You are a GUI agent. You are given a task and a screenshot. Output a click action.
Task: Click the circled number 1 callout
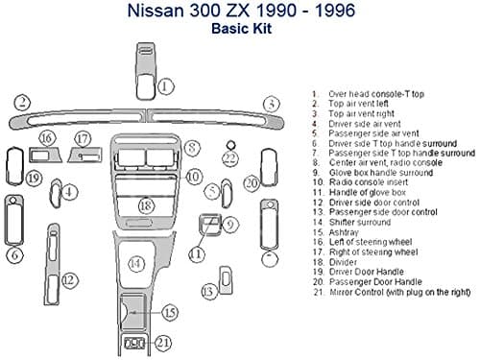[166, 85]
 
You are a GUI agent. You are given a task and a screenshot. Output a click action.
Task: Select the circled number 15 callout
[169, 312]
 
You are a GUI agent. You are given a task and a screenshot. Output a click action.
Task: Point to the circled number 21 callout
[163, 342]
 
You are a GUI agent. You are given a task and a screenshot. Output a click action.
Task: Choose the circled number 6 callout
[15, 254]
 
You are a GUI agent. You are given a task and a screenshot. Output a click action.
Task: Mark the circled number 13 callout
[207, 290]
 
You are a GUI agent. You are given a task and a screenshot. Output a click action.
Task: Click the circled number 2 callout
[19, 101]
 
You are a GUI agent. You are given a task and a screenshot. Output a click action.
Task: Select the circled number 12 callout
[69, 279]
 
